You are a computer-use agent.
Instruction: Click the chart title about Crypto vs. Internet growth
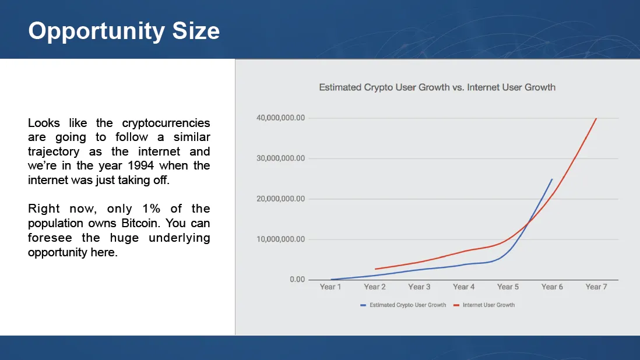point(437,87)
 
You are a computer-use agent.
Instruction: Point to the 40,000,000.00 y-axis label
point(280,118)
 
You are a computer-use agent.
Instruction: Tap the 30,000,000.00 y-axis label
point(280,158)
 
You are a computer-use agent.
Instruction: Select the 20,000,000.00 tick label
point(280,199)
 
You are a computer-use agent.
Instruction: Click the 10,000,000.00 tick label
point(280,239)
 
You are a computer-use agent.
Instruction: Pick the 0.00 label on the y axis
point(297,279)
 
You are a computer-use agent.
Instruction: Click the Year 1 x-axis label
point(330,287)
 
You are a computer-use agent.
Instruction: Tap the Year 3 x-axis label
point(419,287)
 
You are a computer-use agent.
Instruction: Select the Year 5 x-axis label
point(508,287)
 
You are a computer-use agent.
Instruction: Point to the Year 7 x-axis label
point(596,287)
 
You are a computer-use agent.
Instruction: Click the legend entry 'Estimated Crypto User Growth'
point(403,305)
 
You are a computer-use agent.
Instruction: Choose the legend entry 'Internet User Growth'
point(484,305)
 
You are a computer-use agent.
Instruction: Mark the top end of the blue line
point(552,179)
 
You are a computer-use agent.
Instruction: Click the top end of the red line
point(596,118)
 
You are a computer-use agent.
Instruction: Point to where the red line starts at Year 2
point(375,269)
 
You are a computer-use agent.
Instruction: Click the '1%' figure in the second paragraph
point(151,209)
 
